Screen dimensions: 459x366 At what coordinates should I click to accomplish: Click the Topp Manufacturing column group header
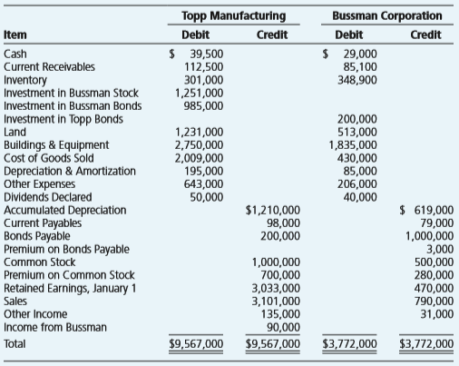pos(234,15)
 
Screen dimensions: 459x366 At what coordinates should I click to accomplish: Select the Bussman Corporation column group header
pos(387,15)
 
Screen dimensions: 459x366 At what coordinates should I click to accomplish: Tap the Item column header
pos(15,35)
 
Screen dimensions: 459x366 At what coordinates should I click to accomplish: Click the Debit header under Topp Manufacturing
pos(195,35)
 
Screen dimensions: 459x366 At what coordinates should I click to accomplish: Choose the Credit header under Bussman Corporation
pos(425,35)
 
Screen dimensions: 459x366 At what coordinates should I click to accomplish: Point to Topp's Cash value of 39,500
pos(207,54)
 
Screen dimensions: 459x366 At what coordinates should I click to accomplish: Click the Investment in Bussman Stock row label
pos(71,93)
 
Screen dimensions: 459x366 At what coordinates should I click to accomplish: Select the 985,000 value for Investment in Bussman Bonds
pos(203,106)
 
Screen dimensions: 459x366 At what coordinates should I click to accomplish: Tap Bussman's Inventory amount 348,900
pos(357,80)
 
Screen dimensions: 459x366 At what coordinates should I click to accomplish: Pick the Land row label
pos(15,132)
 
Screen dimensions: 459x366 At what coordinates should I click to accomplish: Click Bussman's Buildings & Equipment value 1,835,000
pos(353,145)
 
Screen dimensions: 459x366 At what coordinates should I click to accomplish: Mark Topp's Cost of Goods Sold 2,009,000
pos(199,158)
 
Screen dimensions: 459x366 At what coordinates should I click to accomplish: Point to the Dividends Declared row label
pos(48,197)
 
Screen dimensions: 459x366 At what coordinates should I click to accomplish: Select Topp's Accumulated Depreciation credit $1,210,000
pos(273,210)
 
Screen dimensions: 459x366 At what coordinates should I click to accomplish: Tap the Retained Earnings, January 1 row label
pos(70,288)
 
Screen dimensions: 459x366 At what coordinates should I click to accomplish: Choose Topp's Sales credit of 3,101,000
pos(276,302)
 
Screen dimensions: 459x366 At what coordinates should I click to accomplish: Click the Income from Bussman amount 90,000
pos(283,327)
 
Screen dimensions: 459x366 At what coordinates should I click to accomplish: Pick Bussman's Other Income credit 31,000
pos(437,314)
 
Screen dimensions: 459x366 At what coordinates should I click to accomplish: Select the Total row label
pos(15,344)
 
